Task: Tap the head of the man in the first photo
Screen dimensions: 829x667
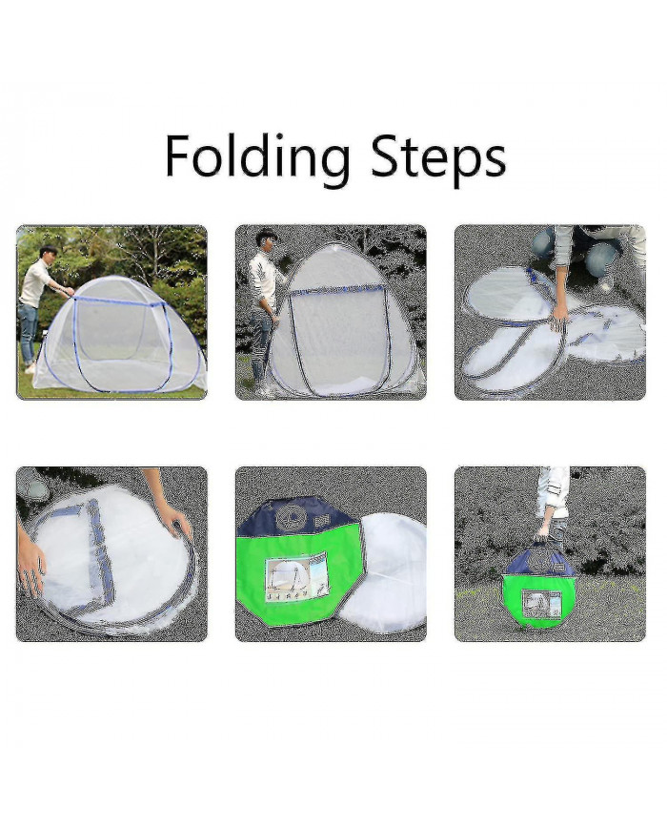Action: click(48, 253)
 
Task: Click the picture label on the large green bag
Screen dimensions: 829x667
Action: click(295, 575)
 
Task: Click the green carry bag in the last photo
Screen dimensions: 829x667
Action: click(538, 596)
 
